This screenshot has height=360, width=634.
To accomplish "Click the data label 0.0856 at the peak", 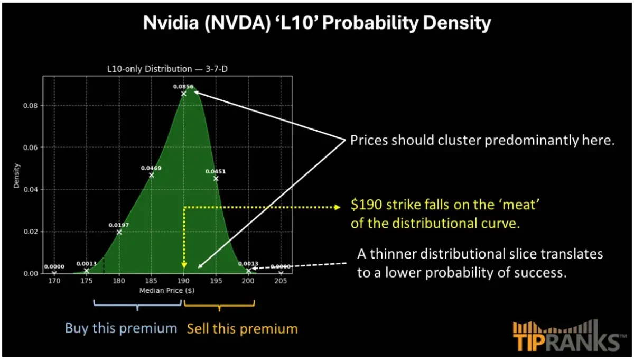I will pos(183,86).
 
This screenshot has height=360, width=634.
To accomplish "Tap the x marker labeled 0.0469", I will pos(152,175).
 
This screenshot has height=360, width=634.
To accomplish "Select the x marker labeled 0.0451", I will pos(216,178).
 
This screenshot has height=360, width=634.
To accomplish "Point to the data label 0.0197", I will pos(119,225).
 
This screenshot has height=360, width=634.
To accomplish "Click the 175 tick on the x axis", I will pos(86,282).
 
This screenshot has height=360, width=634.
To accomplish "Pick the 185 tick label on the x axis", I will pos(151,282).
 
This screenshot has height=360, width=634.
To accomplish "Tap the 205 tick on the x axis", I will pos(281,282).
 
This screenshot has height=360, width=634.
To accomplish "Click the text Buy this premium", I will pos(121,328).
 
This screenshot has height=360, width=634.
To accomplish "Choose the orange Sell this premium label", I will pos(242,329).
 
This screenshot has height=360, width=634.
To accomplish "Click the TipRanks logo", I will pos(566,336).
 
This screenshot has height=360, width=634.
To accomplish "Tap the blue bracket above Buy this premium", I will pos(137,305).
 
